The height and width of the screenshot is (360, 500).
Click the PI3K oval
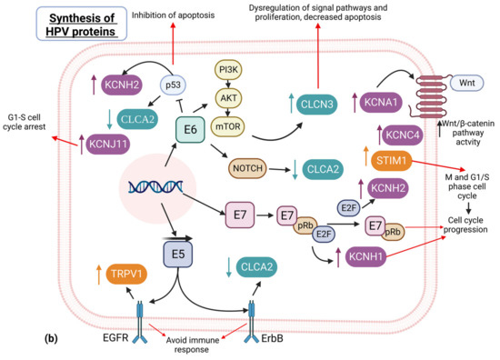(x=229, y=70)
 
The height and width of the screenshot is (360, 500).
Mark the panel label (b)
(x=52, y=339)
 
